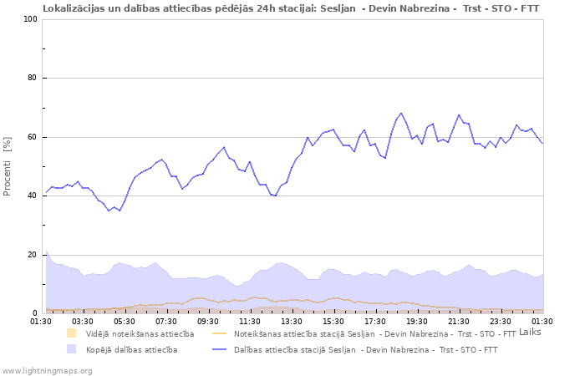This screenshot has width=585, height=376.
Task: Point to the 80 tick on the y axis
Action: (33, 79)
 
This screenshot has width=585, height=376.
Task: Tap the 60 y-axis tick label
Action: (33, 137)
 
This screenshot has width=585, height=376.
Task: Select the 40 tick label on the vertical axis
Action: (33, 196)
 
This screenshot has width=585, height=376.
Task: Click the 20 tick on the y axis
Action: (33, 255)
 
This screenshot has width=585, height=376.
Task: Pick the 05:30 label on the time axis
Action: (125, 321)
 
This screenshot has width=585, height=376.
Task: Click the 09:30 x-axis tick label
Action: (208, 321)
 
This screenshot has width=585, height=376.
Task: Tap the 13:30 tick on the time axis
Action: (292, 321)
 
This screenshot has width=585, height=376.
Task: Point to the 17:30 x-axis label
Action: (375, 321)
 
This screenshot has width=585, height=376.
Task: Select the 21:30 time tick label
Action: (459, 321)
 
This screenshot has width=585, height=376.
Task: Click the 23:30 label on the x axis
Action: (501, 321)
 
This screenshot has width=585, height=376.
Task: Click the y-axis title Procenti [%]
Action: (8, 166)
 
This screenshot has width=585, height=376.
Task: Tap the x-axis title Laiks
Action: (530, 332)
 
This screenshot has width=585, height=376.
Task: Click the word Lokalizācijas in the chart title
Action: (72, 8)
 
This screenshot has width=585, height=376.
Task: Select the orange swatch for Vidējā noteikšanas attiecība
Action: (72, 333)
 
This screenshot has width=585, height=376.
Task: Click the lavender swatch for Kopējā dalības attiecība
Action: (72, 349)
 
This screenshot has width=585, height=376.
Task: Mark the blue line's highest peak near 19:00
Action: (401, 113)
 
